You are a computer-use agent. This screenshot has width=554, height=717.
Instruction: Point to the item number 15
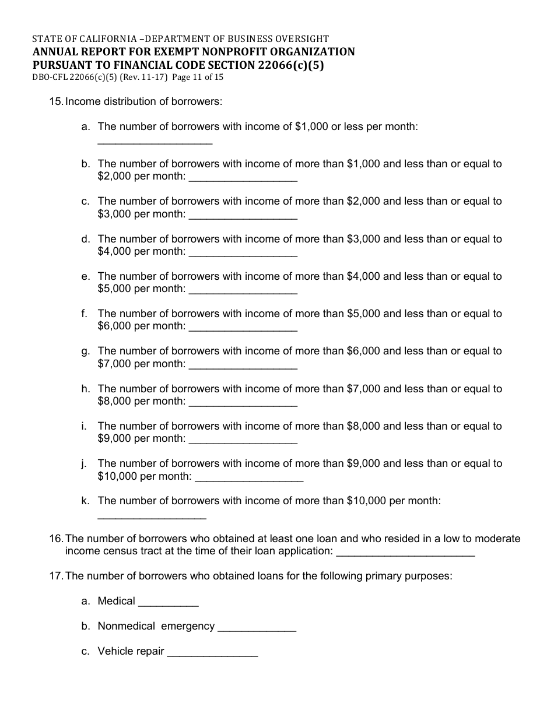point(56,101)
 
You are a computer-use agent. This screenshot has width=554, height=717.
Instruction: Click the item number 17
point(56,576)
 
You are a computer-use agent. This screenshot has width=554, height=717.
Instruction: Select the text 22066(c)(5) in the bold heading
point(289,65)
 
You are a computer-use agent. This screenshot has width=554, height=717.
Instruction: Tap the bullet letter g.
point(85,351)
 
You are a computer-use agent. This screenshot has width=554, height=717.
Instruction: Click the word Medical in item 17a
point(116,601)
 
